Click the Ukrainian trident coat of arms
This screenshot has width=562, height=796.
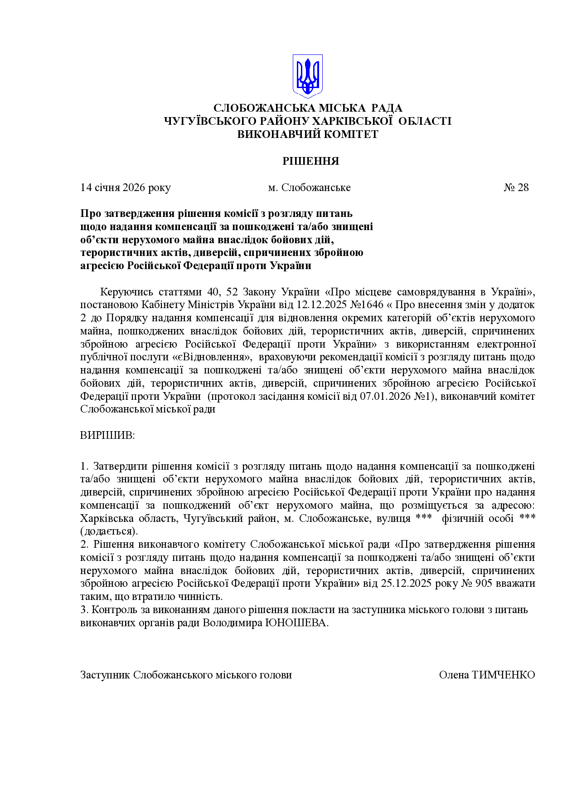[307, 76]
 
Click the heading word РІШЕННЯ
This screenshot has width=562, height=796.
[310, 161]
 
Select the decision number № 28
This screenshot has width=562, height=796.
[516, 187]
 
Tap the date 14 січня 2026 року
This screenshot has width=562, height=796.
[126, 187]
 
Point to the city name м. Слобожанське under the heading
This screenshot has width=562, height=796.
[309, 187]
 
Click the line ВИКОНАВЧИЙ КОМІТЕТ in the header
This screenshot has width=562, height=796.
[308, 134]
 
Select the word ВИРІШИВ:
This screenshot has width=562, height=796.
[107, 436]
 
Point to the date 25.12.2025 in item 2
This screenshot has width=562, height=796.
[407, 583]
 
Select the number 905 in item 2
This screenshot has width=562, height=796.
[484, 583]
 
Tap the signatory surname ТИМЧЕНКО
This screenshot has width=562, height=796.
[503, 675]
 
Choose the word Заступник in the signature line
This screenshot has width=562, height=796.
[105, 675]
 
